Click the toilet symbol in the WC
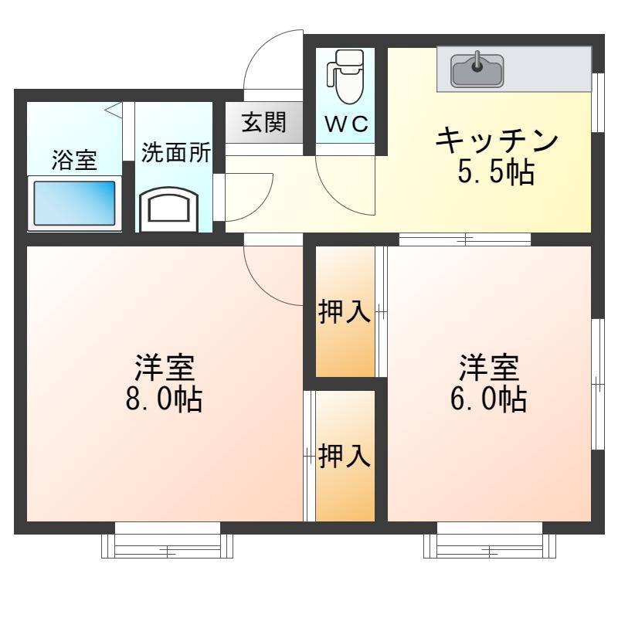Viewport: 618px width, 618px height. [x=345, y=76]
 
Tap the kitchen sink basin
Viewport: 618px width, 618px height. [x=477, y=71]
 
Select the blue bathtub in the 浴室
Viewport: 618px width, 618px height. [x=74, y=203]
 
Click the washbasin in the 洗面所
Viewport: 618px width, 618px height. [x=168, y=209]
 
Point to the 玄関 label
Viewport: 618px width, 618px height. [x=263, y=122]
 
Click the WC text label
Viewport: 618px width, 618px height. [x=346, y=124]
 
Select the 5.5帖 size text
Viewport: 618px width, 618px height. [x=496, y=172]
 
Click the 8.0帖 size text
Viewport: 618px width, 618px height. [x=164, y=399]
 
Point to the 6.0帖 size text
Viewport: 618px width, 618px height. [x=489, y=399]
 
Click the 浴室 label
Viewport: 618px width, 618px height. [x=74, y=160]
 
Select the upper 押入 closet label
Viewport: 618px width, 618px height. [x=345, y=311]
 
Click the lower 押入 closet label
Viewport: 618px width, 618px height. [x=345, y=456]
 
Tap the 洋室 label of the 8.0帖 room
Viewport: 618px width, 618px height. [x=165, y=368]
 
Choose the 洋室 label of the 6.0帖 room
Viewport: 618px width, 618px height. [x=489, y=368]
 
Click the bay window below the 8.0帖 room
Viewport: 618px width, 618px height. [x=167, y=545]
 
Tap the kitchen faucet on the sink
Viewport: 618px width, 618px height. [x=477, y=62]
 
